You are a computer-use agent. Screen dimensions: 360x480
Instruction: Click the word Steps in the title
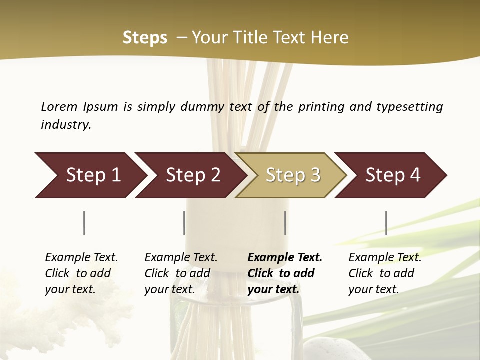pyautogui.click(x=145, y=38)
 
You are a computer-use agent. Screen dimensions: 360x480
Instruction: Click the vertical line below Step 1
pyautogui.click(x=84, y=223)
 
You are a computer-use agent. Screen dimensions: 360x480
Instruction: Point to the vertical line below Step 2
pyautogui.click(x=184, y=223)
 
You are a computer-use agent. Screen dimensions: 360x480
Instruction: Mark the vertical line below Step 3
pyautogui.click(x=285, y=223)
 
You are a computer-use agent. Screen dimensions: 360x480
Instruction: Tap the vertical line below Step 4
pyautogui.click(x=386, y=223)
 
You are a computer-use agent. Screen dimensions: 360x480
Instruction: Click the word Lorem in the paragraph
pyautogui.click(x=59, y=106)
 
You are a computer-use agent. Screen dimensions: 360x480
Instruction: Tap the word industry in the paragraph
pyautogui.click(x=66, y=125)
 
